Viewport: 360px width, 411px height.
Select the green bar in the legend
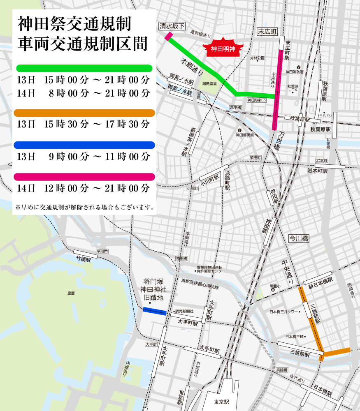pyautogui.click(x=84, y=68)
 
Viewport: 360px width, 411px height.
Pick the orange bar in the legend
pyautogui.click(x=84, y=113)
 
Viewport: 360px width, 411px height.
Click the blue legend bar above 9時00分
pyautogui.click(x=84, y=145)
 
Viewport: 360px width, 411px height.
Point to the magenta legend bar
pyautogui.click(x=84, y=177)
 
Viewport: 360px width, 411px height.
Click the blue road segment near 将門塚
pyautogui.click(x=154, y=311)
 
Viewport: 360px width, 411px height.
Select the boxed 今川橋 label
pyautogui.click(x=298, y=238)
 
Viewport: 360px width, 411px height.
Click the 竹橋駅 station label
pyautogui.click(x=83, y=260)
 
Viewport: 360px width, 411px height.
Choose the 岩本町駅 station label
pyautogui.click(x=317, y=171)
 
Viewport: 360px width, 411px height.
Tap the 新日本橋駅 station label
pyautogui.click(x=318, y=286)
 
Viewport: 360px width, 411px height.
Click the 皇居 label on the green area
pyautogui.click(x=71, y=293)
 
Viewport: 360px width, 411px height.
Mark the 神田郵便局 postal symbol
pyautogui.click(x=239, y=130)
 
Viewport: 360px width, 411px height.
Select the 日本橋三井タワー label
pyautogui.click(x=284, y=312)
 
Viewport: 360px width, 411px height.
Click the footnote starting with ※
pyautogui.click(x=85, y=207)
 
